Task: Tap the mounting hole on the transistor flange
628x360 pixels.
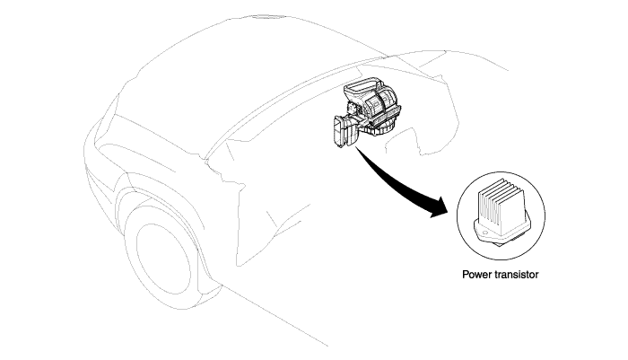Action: [x=484, y=233]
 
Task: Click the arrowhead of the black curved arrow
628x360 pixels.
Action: [x=440, y=206]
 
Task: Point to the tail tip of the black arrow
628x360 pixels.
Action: [x=355, y=146]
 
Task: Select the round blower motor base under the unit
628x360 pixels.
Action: [x=379, y=128]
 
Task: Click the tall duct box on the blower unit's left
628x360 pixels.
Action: [x=342, y=131]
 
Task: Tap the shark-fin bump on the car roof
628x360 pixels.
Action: [x=267, y=17]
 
